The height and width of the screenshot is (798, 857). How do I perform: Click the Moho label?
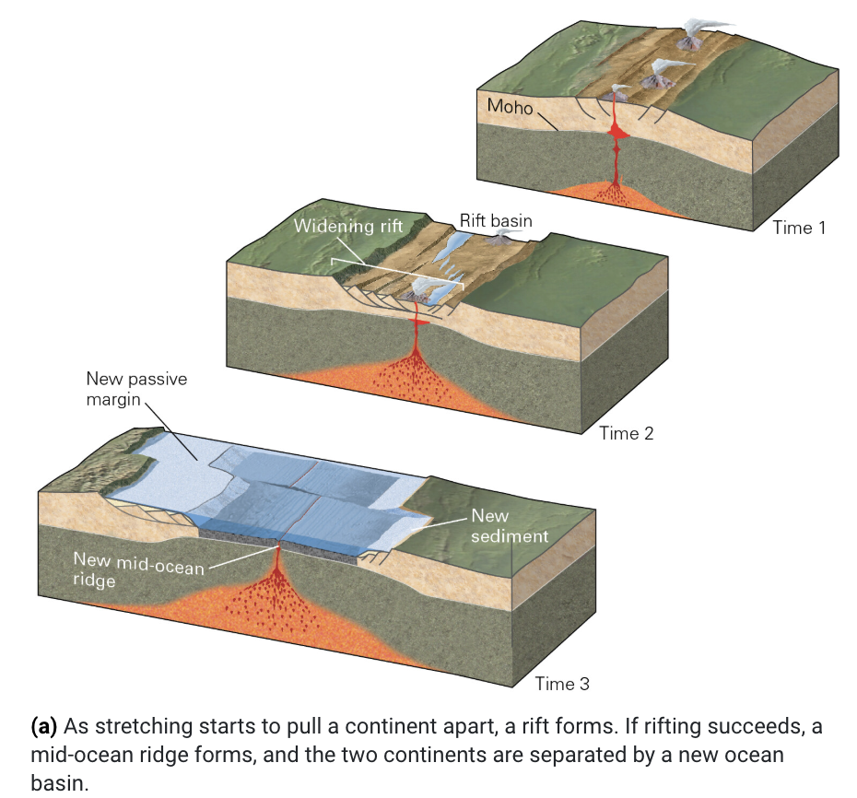[x=510, y=106]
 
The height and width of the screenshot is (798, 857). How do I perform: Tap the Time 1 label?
[x=798, y=228]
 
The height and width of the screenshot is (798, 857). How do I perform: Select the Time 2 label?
[x=626, y=433]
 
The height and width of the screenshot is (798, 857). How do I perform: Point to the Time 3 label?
[x=561, y=684]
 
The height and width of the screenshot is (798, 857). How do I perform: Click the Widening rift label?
[x=348, y=226]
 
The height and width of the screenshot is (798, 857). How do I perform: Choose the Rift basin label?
[x=495, y=221]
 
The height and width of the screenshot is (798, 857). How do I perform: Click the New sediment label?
[x=509, y=526]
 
